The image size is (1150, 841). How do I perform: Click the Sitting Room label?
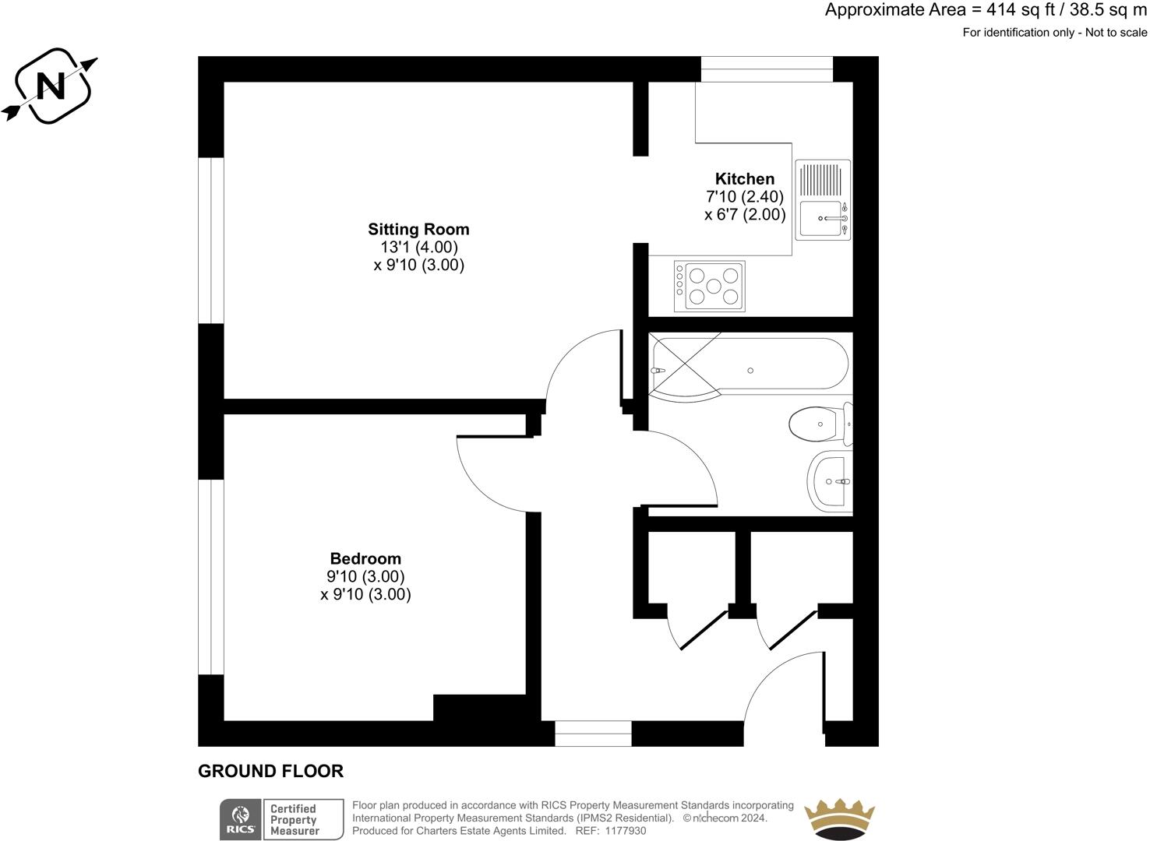pyautogui.click(x=418, y=229)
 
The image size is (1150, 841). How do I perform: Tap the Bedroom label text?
pyautogui.click(x=365, y=558)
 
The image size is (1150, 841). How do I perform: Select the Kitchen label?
pyautogui.click(x=745, y=178)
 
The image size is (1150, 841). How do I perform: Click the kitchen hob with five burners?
pyautogui.click(x=710, y=286)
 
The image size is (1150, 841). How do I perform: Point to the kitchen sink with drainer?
pyautogui.click(x=823, y=200)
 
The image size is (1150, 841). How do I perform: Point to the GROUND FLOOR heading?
pyautogui.click(x=270, y=771)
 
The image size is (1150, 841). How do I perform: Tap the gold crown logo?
pyautogui.click(x=840, y=818)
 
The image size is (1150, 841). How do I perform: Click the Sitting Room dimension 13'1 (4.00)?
pyautogui.click(x=418, y=247)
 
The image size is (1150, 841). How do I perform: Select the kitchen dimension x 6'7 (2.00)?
pyautogui.click(x=745, y=215)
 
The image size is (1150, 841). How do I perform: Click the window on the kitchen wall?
pyautogui.click(x=767, y=69)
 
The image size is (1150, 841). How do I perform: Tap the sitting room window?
pyautogui.click(x=211, y=241)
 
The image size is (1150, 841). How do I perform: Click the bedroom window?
pyautogui.click(x=211, y=576)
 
